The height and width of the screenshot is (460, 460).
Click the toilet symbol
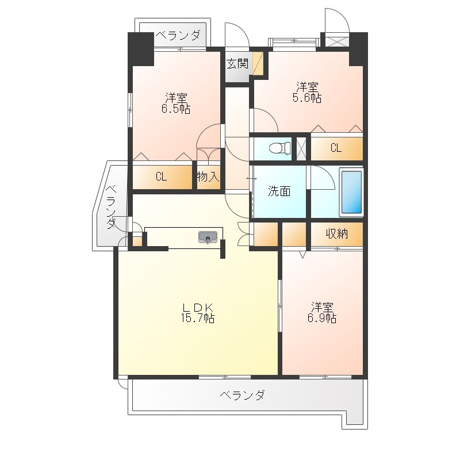tap(279, 148)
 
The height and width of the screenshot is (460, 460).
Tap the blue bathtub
tap(351, 192)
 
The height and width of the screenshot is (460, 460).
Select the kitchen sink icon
tap(208, 237)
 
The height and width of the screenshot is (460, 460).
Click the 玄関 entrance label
tap(237, 63)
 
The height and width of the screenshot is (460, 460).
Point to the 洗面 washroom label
tap(279, 191)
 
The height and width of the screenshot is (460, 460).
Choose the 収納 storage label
tap(336, 233)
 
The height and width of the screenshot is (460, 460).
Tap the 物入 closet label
tap(208, 177)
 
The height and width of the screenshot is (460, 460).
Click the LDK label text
tap(198, 308)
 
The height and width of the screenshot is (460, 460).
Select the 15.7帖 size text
tap(198, 318)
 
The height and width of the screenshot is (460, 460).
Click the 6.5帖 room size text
tap(176, 109)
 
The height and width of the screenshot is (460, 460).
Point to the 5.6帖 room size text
tap(307, 98)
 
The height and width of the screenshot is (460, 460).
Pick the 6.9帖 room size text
tap(322, 318)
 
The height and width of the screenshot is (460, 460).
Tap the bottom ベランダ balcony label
tap(242, 395)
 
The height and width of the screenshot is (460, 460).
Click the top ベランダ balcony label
tap(178, 35)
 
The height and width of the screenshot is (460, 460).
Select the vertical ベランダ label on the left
tap(111, 206)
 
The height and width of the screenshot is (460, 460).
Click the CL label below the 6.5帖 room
tap(161, 177)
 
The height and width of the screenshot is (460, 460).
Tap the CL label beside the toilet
tap(336, 148)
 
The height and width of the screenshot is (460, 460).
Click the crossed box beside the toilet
tap(301, 149)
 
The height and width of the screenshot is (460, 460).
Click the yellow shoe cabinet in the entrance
tap(258, 63)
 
